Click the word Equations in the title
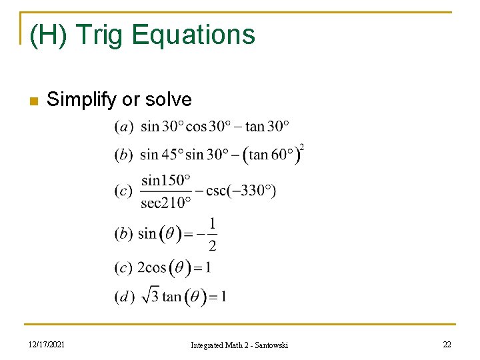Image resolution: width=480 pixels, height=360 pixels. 193,35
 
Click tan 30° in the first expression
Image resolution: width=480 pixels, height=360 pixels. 267,126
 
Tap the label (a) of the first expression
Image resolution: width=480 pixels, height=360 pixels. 123,126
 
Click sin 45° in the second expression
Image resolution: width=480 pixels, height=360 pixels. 161,155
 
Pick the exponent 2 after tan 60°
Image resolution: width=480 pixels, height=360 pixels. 302,147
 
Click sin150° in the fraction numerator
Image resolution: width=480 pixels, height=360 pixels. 166,180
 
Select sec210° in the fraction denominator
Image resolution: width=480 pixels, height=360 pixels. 166,203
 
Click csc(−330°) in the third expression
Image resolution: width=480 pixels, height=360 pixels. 241,191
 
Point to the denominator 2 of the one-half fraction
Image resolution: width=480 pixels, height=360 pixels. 213,247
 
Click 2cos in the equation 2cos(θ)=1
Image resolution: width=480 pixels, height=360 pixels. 151,268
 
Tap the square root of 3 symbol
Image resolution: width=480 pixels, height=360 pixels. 151,295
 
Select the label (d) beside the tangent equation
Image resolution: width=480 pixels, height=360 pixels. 123,297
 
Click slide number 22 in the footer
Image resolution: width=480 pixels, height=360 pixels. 446,344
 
